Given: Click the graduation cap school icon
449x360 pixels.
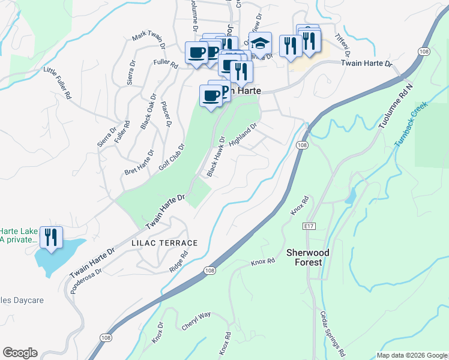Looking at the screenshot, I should (260, 43).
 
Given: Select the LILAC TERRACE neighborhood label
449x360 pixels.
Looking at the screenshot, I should (164, 243).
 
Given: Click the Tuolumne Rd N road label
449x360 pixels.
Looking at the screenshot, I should (397, 106).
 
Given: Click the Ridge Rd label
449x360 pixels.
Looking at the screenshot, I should (178, 262).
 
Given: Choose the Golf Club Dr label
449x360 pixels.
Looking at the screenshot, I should (172, 157).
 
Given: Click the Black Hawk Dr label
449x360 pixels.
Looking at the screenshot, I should (215, 157).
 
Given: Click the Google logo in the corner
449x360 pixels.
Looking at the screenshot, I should (20, 353).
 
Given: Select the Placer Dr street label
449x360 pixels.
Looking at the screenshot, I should (166, 114).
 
